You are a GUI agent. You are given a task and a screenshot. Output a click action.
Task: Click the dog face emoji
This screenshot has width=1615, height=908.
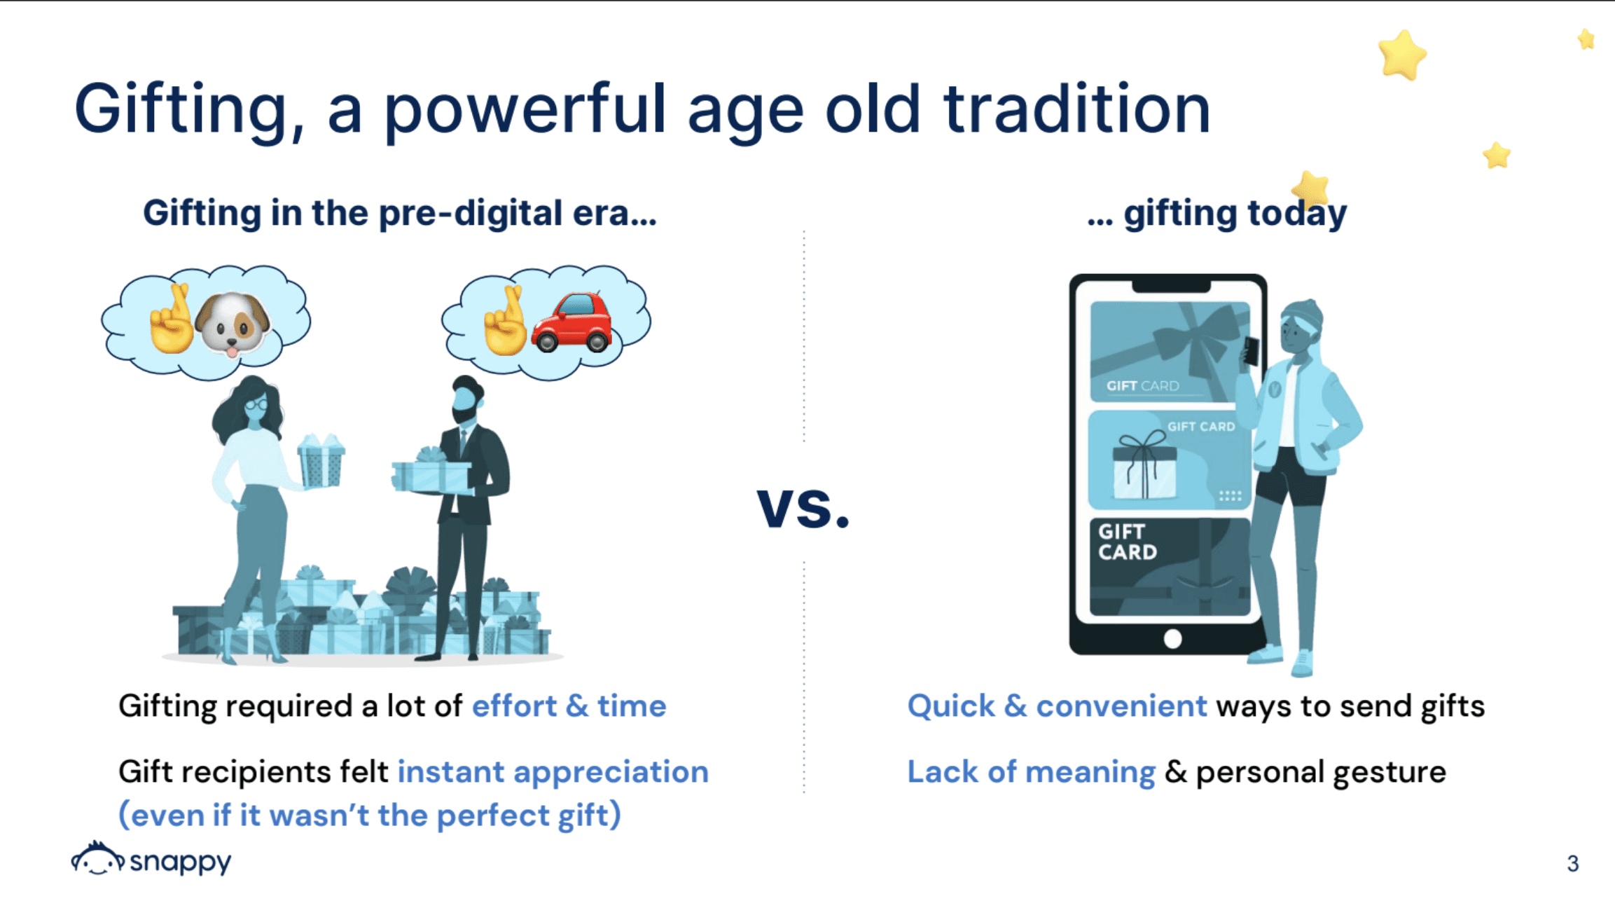pyautogui.click(x=233, y=324)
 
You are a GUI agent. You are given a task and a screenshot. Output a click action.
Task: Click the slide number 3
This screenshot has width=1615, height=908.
pyautogui.click(x=1573, y=863)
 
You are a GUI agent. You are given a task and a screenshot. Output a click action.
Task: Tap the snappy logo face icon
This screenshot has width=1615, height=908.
pyautogui.click(x=97, y=859)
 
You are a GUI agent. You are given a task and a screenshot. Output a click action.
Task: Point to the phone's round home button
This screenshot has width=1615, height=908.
pyautogui.click(x=1172, y=639)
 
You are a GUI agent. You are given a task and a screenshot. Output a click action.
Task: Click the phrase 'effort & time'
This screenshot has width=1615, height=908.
pyautogui.click(x=569, y=706)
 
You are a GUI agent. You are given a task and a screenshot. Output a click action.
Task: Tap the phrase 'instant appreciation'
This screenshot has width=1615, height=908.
pyautogui.click(x=553, y=772)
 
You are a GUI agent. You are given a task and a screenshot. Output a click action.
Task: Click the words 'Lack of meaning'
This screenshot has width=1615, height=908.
pyautogui.click(x=1031, y=772)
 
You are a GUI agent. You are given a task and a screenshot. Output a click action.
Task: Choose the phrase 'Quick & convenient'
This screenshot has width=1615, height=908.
pyautogui.click(x=1058, y=706)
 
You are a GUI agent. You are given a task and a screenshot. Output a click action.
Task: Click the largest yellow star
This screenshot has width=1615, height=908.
pyautogui.click(x=1401, y=55)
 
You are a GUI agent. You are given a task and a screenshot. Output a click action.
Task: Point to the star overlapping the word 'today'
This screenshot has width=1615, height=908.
pyautogui.click(x=1310, y=188)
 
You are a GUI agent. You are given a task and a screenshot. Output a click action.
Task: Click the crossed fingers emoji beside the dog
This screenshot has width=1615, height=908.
pyautogui.click(x=172, y=319)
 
